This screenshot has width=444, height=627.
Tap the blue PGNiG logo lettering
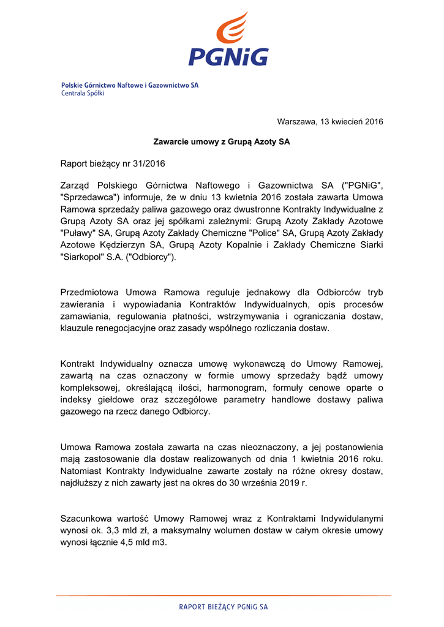point(228,57)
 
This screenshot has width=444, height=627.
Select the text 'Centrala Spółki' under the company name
point(83,94)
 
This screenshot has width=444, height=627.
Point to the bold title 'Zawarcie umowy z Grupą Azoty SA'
point(221,142)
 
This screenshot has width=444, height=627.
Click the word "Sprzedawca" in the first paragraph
point(87,197)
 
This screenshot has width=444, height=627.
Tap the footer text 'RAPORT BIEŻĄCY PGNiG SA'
point(224,607)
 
